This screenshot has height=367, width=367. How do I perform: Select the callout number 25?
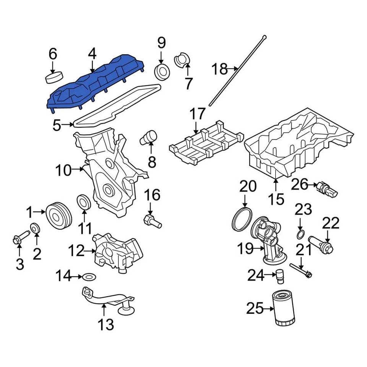click(x=255, y=308)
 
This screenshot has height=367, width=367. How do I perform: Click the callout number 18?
click(x=219, y=70)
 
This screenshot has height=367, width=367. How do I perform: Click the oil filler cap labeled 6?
click(x=53, y=77)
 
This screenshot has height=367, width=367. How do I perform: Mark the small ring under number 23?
click(x=300, y=234)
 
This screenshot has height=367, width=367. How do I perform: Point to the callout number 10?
click(x=63, y=170)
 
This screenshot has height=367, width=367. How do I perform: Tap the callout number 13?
click(x=105, y=325)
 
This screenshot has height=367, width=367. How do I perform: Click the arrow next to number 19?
click(x=258, y=249)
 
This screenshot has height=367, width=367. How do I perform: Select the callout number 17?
click(x=198, y=114)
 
